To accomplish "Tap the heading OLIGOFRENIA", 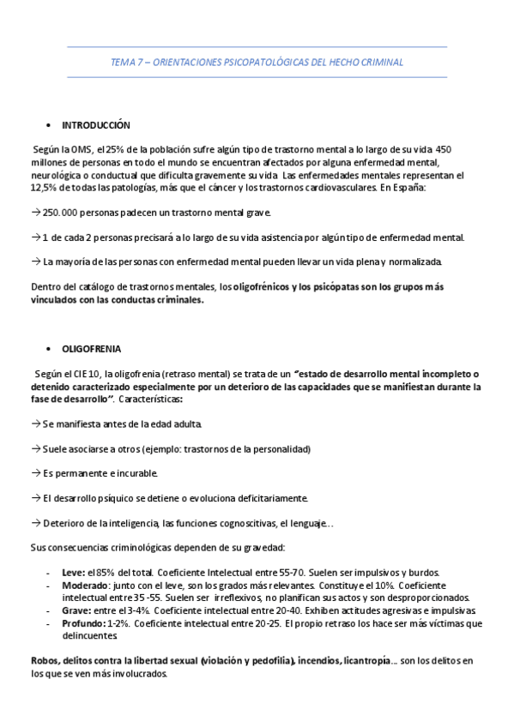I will pos(92,349).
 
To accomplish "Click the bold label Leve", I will pos(73,573).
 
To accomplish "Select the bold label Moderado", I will pos(85,585).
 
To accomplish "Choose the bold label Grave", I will pos(76,610).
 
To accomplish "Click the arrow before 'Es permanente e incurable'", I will pos(35,473).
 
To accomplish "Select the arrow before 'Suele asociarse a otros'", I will pos(35,448).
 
